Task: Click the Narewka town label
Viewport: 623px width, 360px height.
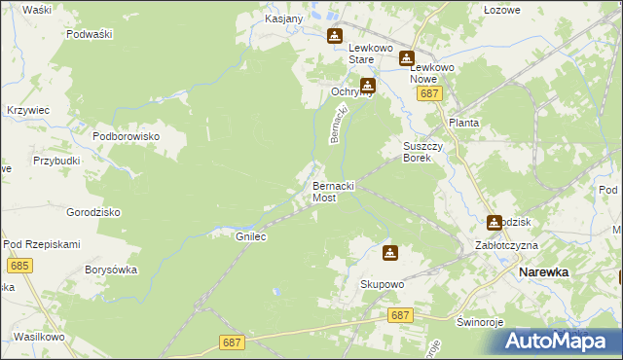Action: (x=543, y=273)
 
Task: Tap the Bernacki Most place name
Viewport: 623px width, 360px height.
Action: (x=332, y=191)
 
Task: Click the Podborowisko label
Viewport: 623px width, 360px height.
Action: (x=126, y=137)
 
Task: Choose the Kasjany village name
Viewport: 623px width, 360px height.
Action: (x=284, y=18)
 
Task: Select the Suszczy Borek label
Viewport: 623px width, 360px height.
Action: (x=423, y=152)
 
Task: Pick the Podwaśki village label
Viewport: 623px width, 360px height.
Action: (x=91, y=34)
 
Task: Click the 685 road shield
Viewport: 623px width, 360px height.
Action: (x=18, y=266)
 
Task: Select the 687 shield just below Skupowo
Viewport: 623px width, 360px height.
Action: (x=399, y=315)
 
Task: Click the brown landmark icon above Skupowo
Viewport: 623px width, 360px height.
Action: (x=389, y=253)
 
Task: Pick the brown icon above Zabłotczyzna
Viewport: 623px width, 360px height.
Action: (x=495, y=223)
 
